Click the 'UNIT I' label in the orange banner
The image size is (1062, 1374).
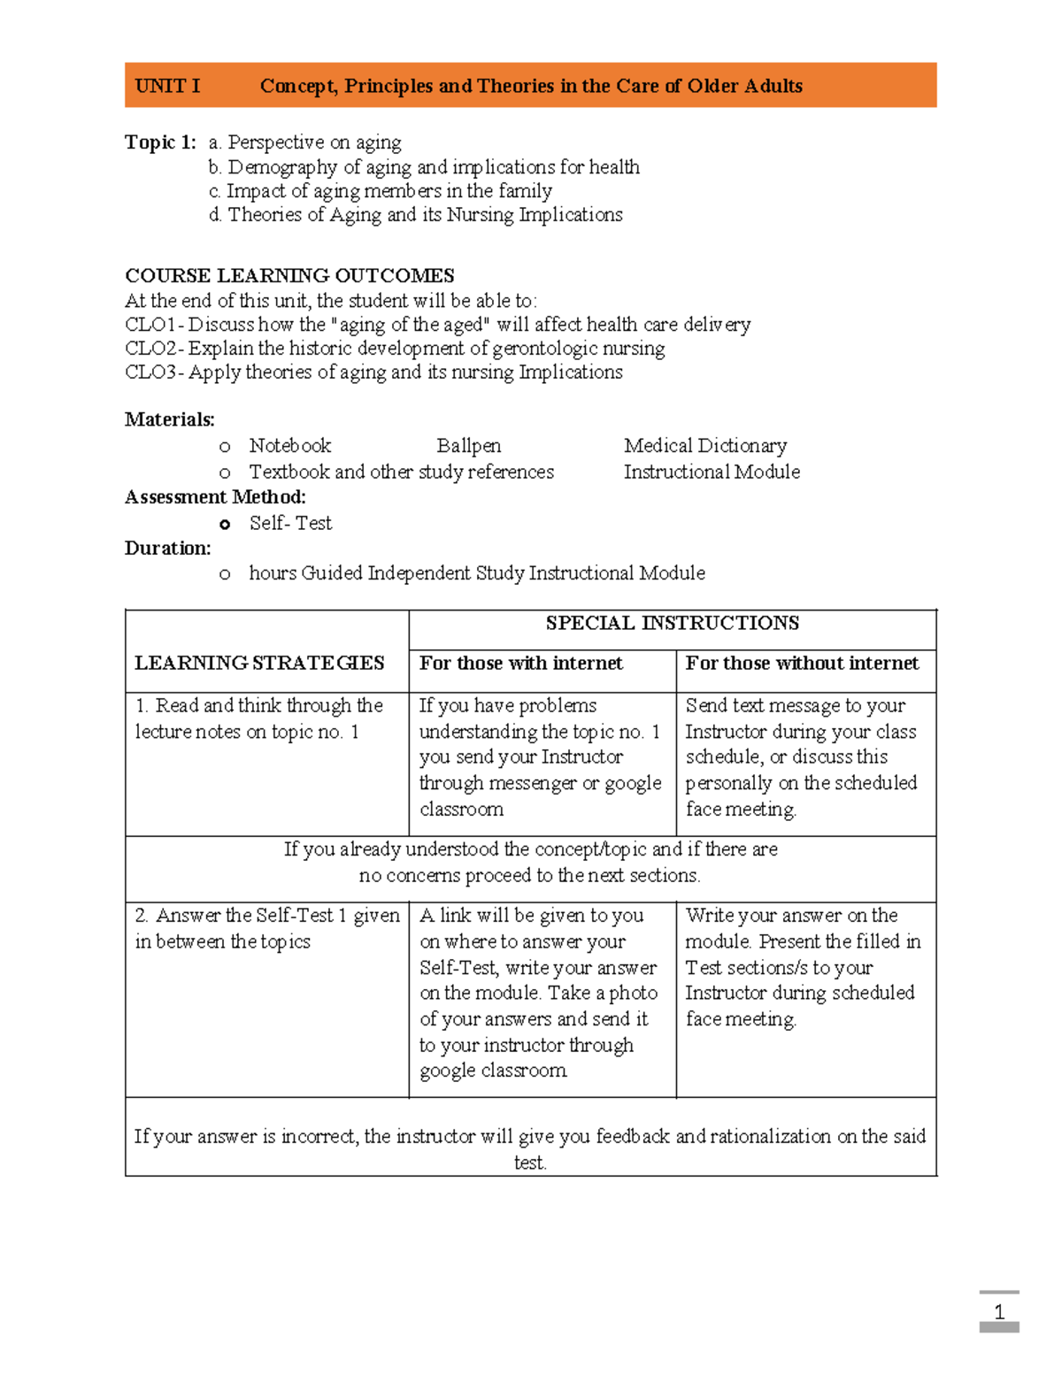pyautogui.click(x=167, y=86)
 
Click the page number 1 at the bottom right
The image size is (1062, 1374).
pyautogui.click(x=999, y=1312)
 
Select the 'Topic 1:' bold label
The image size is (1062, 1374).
pyautogui.click(x=160, y=142)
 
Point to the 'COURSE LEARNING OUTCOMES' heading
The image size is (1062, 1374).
pyautogui.click(x=289, y=275)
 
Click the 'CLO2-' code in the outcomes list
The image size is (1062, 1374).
pyautogui.click(x=154, y=349)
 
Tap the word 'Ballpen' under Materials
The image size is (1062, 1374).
pyautogui.click(x=468, y=446)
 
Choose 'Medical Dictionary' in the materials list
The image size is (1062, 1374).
pyautogui.click(x=704, y=446)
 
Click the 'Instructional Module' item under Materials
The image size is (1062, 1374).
pyautogui.click(x=712, y=472)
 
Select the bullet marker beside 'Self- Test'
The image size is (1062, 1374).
pyautogui.click(x=225, y=525)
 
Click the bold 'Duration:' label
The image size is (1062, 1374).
pyautogui.click(x=168, y=549)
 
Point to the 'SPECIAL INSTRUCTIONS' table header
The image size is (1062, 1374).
pyautogui.click(x=672, y=623)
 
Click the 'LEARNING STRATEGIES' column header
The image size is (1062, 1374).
pyautogui.click(x=259, y=663)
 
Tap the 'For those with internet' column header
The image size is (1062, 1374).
pyautogui.click(x=520, y=663)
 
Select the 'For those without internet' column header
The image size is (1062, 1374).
pyautogui.click(x=802, y=663)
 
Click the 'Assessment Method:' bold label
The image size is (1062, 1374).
pyautogui.click(x=215, y=497)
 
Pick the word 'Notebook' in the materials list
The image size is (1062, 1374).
pyautogui.click(x=290, y=446)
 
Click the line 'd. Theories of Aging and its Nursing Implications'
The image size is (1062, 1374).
pyautogui.click(x=416, y=215)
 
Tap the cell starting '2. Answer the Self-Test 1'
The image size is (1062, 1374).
pyautogui.click(x=266, y=928)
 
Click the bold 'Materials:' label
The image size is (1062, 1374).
pyautogui.click(x=170, y=419)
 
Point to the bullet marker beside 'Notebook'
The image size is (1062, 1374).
pyautogui.click(x=225, y=448)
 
